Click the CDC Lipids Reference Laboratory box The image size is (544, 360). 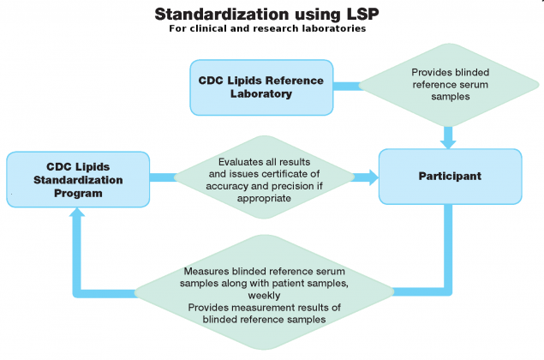point(261,87)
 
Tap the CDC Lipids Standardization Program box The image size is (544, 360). point(78,178)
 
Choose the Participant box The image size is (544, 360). point(450,176)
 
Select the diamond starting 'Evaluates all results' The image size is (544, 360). point(266,179)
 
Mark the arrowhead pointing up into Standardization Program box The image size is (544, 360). point(78,214)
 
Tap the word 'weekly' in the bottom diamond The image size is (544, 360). point(267,294)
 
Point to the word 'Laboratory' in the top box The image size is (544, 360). point(261,93)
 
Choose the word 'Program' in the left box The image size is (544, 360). point(78,193)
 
